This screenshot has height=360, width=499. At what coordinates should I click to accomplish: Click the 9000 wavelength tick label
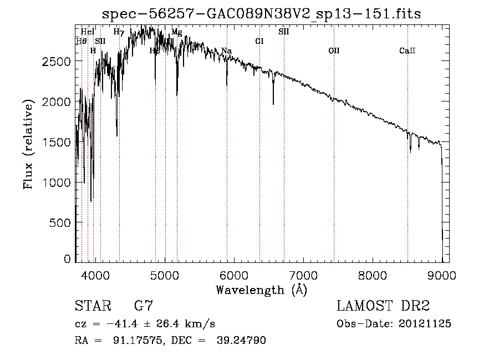442,274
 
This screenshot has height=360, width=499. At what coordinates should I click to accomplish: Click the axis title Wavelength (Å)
261,290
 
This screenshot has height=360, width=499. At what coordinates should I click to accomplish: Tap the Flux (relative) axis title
28,143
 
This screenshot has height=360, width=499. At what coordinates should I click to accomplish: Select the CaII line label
407,51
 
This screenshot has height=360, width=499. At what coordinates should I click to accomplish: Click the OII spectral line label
334,51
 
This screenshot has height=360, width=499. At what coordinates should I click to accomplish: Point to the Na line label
226,51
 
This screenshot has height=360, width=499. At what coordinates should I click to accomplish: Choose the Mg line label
176,32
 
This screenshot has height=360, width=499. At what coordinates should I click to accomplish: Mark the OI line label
259,41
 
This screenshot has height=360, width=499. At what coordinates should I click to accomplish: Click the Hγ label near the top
119,32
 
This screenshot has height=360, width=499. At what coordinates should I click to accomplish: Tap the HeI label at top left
88,32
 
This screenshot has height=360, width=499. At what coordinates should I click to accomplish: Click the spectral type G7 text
144,306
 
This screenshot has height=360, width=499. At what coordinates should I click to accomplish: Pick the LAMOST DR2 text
383,306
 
